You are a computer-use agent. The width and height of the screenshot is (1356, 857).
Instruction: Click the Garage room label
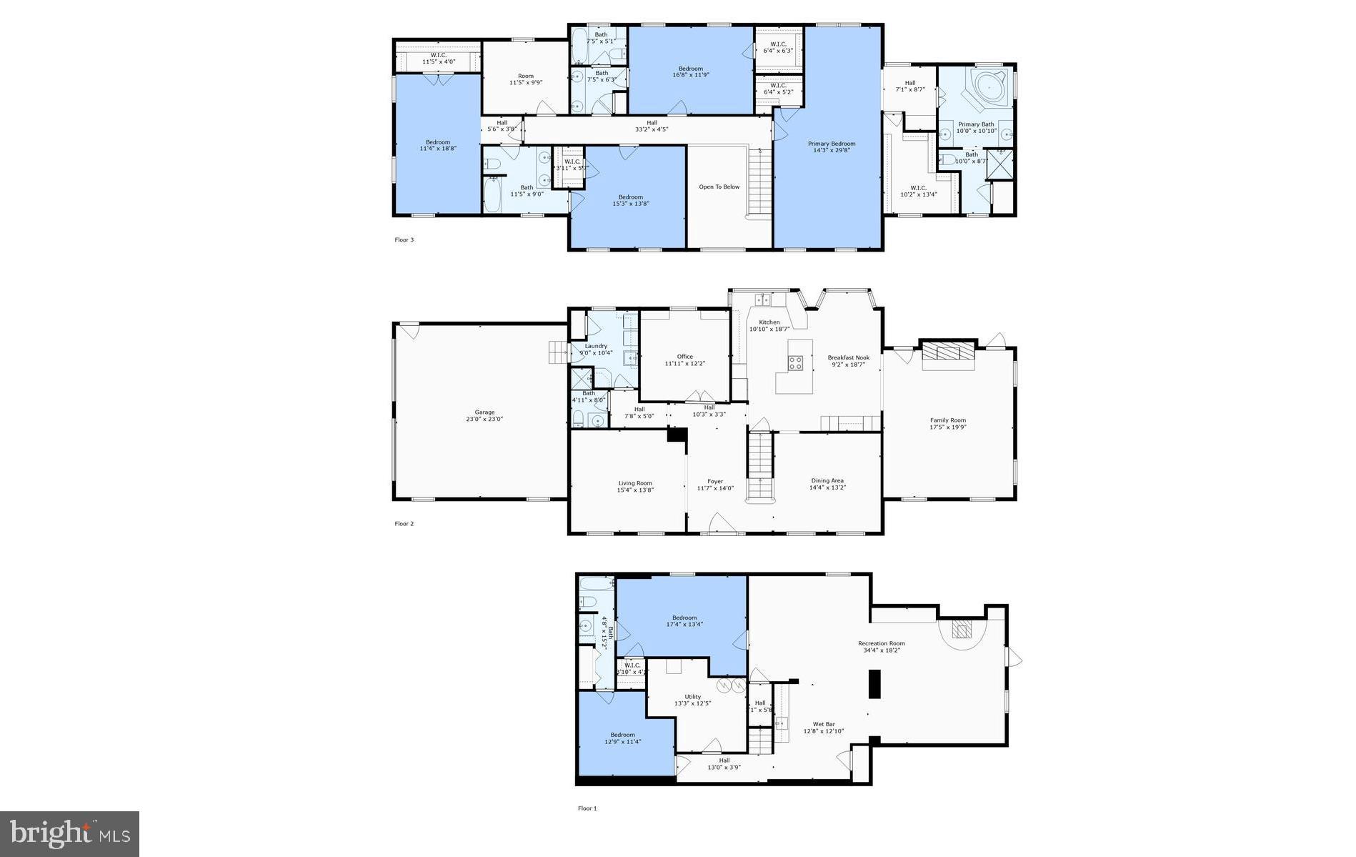coord(484,412)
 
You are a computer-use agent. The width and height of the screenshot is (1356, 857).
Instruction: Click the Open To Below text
coord(719,187)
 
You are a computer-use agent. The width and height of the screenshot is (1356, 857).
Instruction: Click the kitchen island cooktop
coord(795,363)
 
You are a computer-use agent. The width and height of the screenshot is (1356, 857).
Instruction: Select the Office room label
coord(684,357)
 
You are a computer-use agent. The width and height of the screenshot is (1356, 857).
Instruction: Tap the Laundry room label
coord(596,346)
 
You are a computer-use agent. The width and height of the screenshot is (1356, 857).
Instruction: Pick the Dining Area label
coord(827,481)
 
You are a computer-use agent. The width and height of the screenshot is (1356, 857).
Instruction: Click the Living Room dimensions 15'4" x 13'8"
coord(635,491)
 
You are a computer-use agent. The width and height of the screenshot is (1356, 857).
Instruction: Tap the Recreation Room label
coord(882,643)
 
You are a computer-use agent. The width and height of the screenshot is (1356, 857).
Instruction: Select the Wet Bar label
coord(823,724)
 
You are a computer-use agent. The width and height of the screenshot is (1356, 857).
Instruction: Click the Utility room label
coord(692,697)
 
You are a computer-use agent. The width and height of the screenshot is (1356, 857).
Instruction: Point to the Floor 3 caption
coord(404,240)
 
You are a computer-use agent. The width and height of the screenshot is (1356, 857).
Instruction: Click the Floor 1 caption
coord(587,808)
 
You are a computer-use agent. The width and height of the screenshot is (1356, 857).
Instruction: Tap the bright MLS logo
coord(69,834)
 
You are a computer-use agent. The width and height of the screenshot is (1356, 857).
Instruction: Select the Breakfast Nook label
coord(848,357)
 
